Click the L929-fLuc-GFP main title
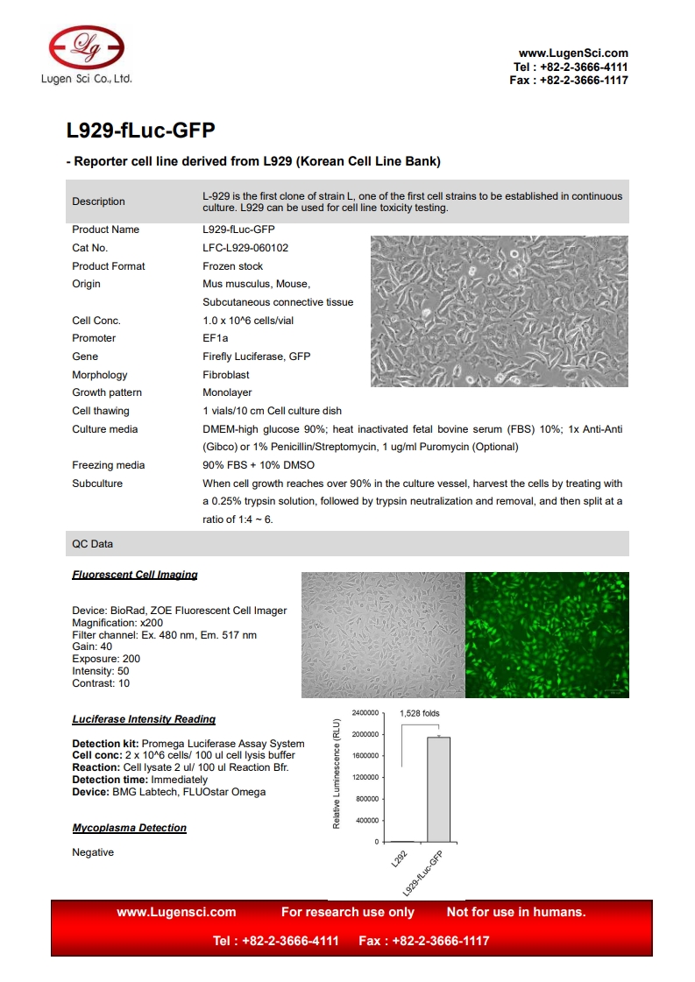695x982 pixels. [141, 131]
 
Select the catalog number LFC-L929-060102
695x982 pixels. [245, 248]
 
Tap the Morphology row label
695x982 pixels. [99, 375]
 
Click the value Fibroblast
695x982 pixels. [225, 375]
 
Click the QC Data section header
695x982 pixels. [92, 544]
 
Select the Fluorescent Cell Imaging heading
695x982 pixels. [135, 576]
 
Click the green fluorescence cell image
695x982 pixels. [547, 634]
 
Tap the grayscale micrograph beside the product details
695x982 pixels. [499, 311]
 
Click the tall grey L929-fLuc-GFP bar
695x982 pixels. [438, 788]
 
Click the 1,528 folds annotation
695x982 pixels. [419, 713]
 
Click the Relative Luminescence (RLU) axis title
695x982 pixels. [336, 773]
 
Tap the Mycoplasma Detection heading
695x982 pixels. [129, 828]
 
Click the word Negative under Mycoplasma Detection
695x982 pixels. [93, 852]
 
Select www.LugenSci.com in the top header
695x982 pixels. [573, 53]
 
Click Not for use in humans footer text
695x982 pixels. [516, 912]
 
